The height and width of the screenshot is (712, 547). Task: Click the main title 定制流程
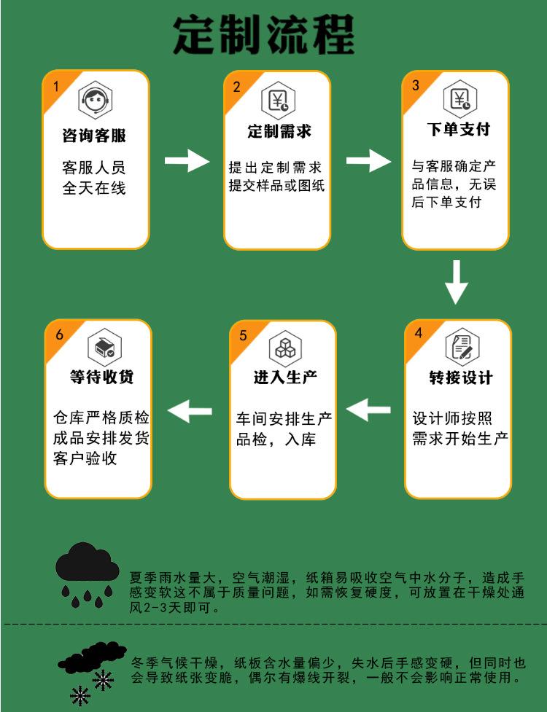[263, 34]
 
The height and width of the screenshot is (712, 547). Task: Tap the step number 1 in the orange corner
[56, 86]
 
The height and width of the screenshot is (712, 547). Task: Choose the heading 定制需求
[279, 132]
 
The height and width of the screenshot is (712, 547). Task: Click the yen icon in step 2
[279, 101]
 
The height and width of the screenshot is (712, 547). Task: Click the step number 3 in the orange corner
[416, 85]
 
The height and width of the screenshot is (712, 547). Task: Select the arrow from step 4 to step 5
[368, 411]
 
